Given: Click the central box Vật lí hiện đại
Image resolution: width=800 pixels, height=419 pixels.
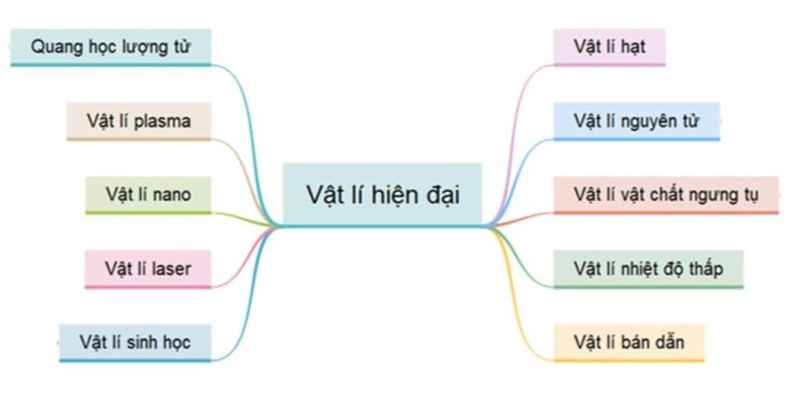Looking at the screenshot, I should [x=382, y=195].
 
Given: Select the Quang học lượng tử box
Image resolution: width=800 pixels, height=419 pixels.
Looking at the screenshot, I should [x=111, y=47].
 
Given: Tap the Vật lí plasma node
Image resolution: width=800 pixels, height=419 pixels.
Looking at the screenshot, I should [x=139, y=121].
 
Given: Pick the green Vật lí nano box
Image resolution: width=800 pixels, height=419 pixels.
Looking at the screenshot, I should [x=148, y=195].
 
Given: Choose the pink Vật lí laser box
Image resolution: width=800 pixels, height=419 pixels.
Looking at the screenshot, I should [x=148, y=269].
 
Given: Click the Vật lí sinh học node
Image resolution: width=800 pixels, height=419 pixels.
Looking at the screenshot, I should [x=134, y=342].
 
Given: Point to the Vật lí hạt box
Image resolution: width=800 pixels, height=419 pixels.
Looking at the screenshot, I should [x=609, y=47].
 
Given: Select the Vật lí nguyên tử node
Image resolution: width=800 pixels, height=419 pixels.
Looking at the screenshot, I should [x=636, y=121].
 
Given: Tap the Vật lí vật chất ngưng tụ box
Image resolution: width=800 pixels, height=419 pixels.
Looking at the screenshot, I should [x=666, y=195].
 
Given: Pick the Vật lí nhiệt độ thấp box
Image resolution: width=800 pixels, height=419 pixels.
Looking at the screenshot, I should [x=648, y=269].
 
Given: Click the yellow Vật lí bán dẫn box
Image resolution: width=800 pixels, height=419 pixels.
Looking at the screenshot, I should [x=628, y=342].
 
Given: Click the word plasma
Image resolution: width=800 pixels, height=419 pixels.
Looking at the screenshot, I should [x=162, y=122].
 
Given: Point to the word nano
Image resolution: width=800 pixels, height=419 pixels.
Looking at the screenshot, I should [x=172, y=195].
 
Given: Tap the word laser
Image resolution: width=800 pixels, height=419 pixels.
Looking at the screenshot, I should [x=171, y=269].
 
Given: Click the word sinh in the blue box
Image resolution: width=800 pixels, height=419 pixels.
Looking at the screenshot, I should [x=141, y=342].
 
